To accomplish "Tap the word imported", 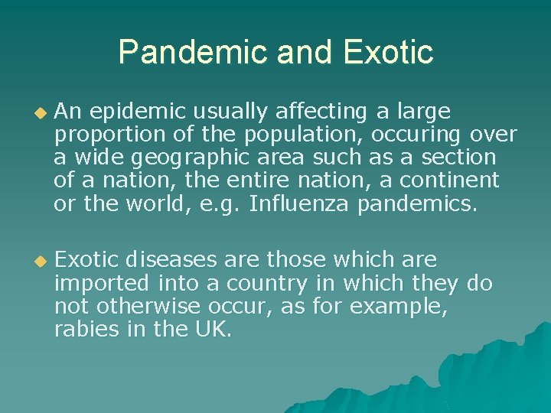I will tap(103, 284).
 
